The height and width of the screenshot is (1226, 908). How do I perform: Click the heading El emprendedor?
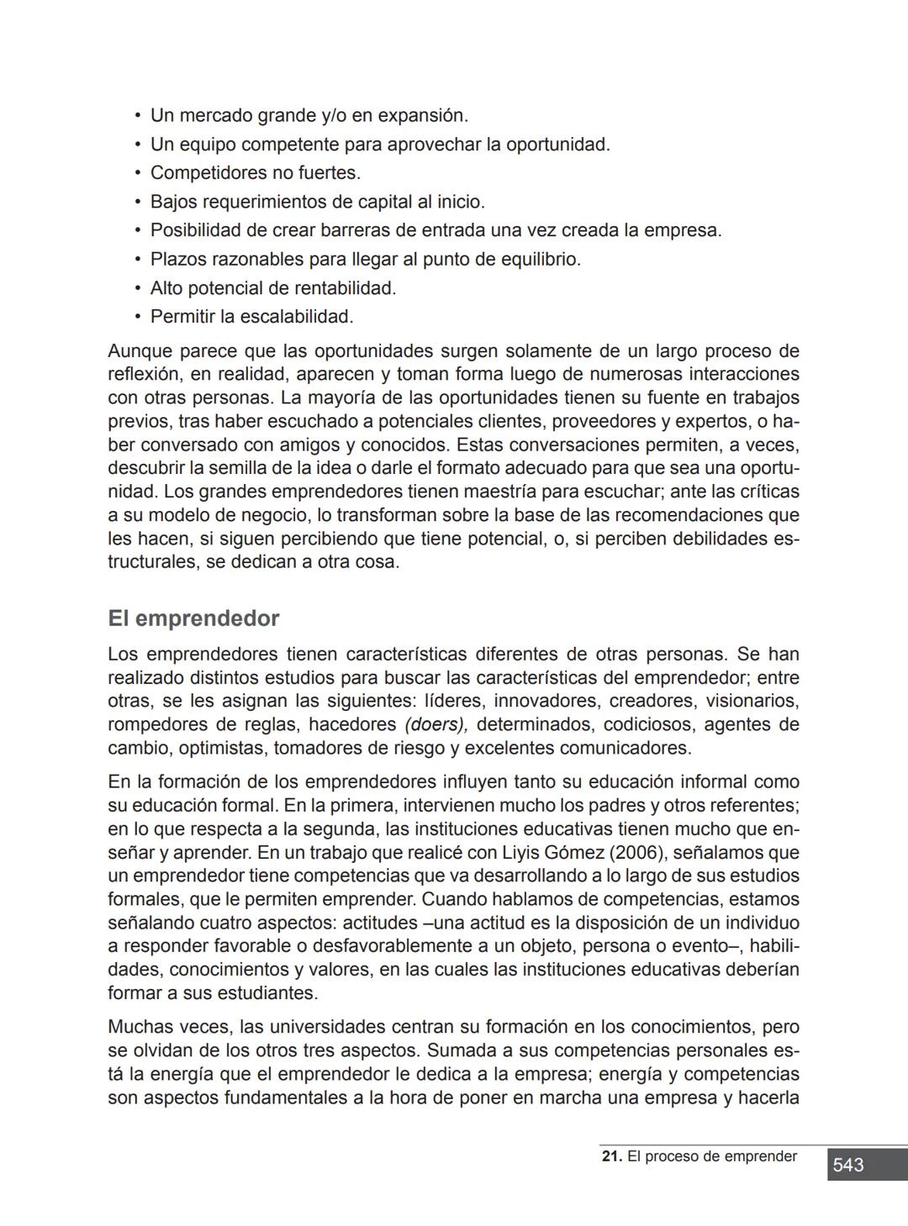[193, 618]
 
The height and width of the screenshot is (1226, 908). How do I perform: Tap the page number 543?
[848, 1165]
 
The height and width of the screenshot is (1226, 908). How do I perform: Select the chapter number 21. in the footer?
[612, 1156]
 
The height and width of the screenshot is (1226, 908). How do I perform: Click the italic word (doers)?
[436, 724]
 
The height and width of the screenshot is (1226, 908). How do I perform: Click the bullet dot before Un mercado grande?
[137, 115]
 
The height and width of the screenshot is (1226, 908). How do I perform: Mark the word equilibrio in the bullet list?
[540, 260]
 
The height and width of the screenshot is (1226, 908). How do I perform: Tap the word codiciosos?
[647, 724]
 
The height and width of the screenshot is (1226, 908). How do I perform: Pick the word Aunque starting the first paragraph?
[140, 350]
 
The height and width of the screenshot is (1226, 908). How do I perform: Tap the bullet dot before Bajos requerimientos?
[137, 202]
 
